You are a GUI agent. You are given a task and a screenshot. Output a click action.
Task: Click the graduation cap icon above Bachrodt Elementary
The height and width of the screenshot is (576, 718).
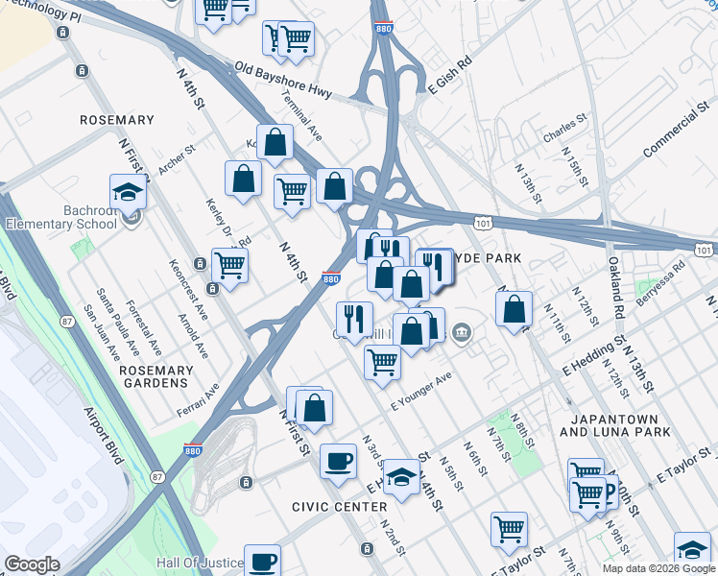click(x=128, y=192)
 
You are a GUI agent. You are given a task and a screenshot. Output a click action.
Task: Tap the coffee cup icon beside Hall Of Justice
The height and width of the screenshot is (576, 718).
click(x=262, y=561)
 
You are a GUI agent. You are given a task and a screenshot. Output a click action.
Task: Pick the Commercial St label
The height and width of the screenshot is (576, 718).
click(x=673, y=136)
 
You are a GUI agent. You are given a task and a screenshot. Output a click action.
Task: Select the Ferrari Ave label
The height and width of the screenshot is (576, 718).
click(x=198, y=400)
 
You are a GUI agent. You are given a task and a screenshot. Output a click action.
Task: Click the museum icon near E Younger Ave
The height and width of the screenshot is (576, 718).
click(x=462, y=332)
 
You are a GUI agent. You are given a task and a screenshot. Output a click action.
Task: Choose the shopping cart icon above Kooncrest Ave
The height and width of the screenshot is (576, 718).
click(x=229, y=265)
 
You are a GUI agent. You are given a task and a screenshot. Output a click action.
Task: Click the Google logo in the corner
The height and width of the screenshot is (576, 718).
click(x=32, y=564)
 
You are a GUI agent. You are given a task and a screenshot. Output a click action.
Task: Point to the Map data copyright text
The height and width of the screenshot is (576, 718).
click(x=658, y=568)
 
